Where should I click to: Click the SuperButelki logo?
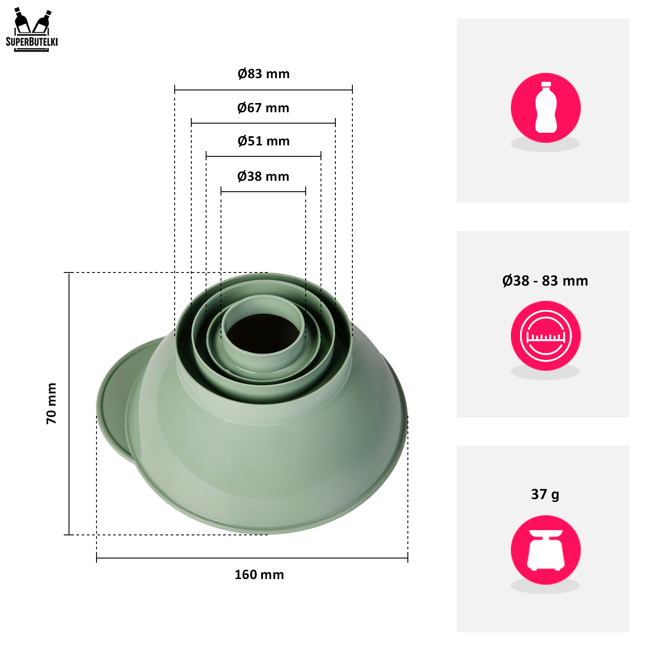click(31, 29)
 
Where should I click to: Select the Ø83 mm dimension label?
click(263, 74)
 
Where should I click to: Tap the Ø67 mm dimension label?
click(263, 108)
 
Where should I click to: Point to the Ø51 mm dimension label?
click(263, 141)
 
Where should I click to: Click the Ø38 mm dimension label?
click(263, 176)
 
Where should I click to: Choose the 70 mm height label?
click(52, 403)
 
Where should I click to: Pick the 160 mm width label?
click(259, 575)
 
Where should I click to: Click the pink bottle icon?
click(545, 108)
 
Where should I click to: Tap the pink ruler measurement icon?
click(545, 336)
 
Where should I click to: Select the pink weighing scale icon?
click(545, 550)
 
